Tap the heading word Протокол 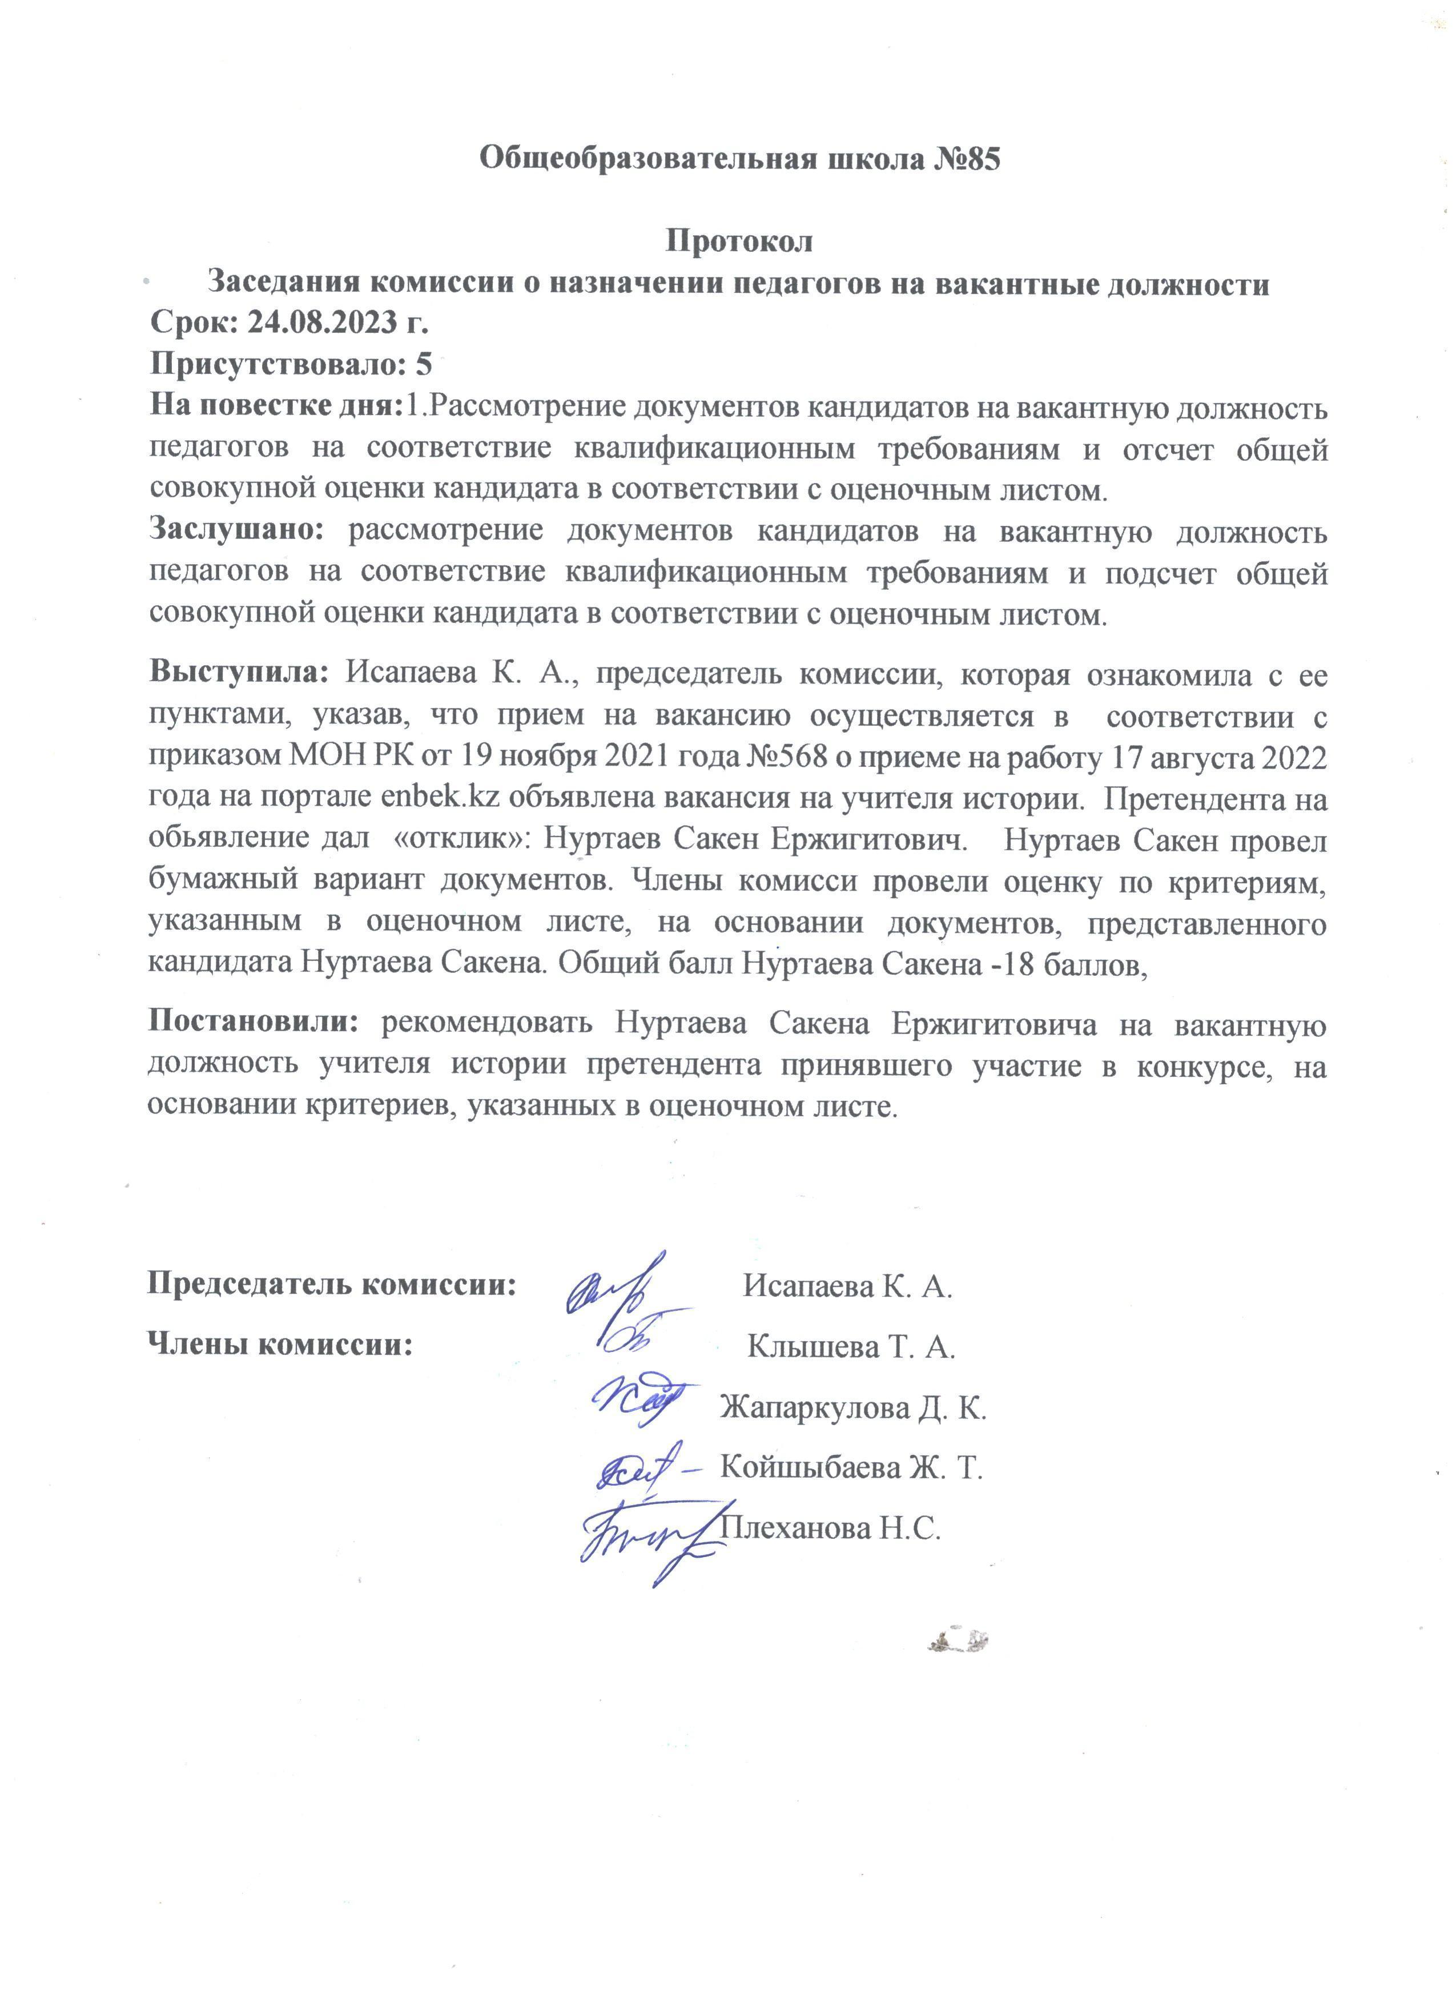(738, 240)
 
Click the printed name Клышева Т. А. (851, 1348)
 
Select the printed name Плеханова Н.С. (831, 1529)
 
